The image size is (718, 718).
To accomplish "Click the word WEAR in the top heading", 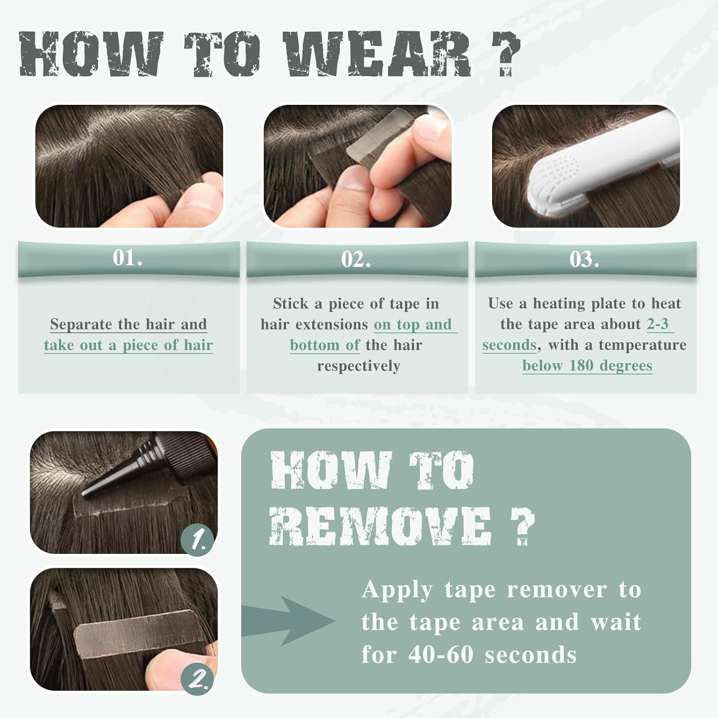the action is pyautogui.click(x=377, y=54).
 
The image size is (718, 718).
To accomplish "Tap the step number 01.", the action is pyautogui.click(x=128, y=258).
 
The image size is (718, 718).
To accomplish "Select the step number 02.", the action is pyautogui.click(x=356, y=259).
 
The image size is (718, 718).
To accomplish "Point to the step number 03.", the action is pyautogui.click(x=584, y=259).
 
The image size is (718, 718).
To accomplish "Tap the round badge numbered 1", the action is pyautogui.click(x=197, y=540).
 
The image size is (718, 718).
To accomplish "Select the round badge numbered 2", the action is pyautogui.click(x=197, y=678).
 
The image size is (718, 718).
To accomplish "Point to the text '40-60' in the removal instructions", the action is pyautogui.click(x=441, y=654).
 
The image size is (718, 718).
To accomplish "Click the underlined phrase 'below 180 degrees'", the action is pyautogui.click(x=587, y=366).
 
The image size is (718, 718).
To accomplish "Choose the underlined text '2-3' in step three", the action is pyautogui.click(x=658, y=324).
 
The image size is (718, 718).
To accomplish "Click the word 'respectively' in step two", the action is pyautogui.click(x=359, y=366).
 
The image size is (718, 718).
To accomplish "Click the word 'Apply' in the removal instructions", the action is pyautogui.click(x=397, y=590).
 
